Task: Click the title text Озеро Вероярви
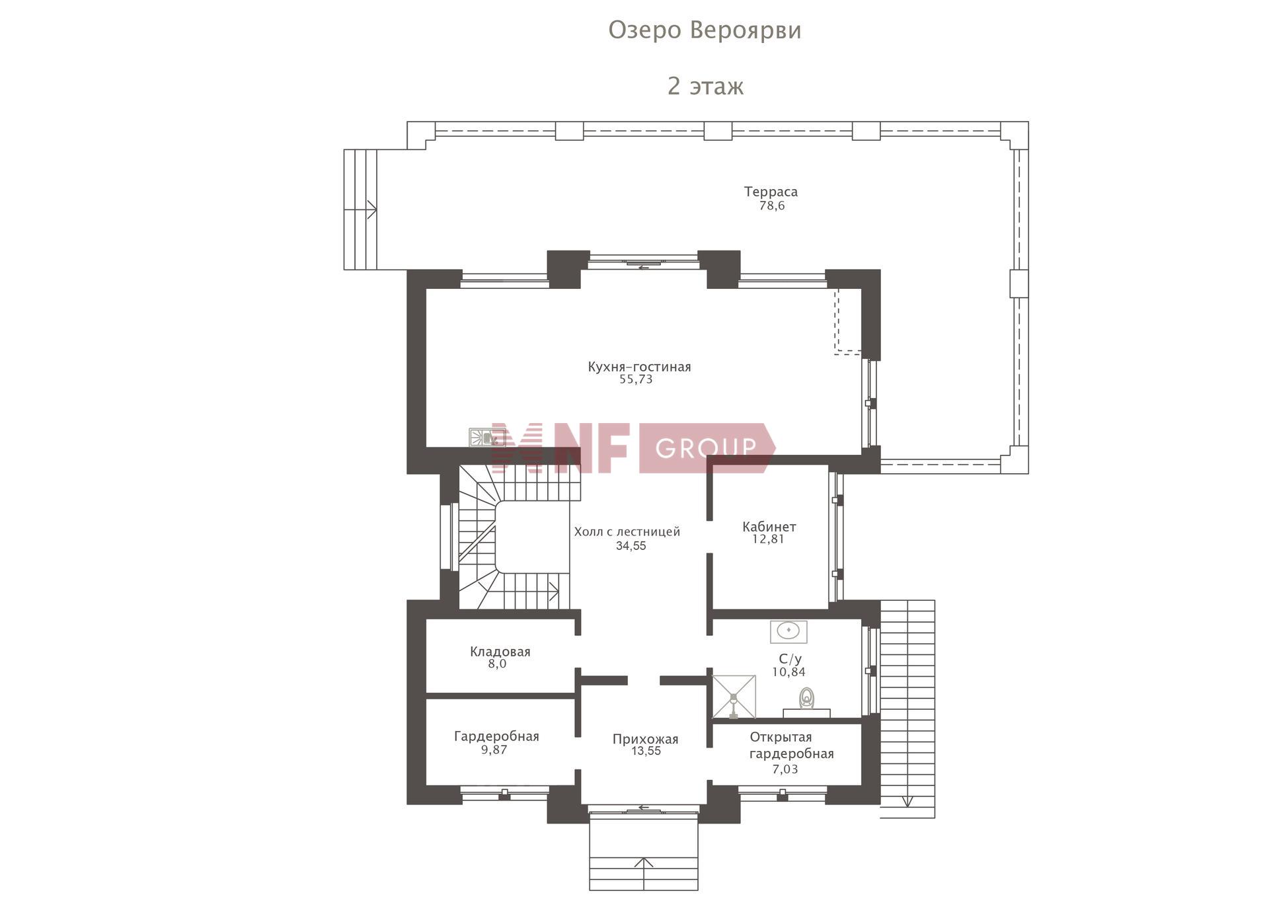(705, 30)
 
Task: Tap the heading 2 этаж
(705, 86)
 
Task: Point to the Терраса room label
(771, 192)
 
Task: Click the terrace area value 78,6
(772, 206)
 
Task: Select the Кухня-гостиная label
(639, 367)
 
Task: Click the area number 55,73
(636, 379)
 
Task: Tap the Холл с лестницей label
(627, 531)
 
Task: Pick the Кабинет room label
(769, 527)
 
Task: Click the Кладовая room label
(500, 652)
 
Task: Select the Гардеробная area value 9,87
(494, 750)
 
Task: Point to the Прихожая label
(645, 739)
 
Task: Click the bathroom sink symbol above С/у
(788, 631)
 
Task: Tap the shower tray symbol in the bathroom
(734, 697)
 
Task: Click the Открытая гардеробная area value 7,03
(785, 769)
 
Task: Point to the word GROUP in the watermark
(706, 448)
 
